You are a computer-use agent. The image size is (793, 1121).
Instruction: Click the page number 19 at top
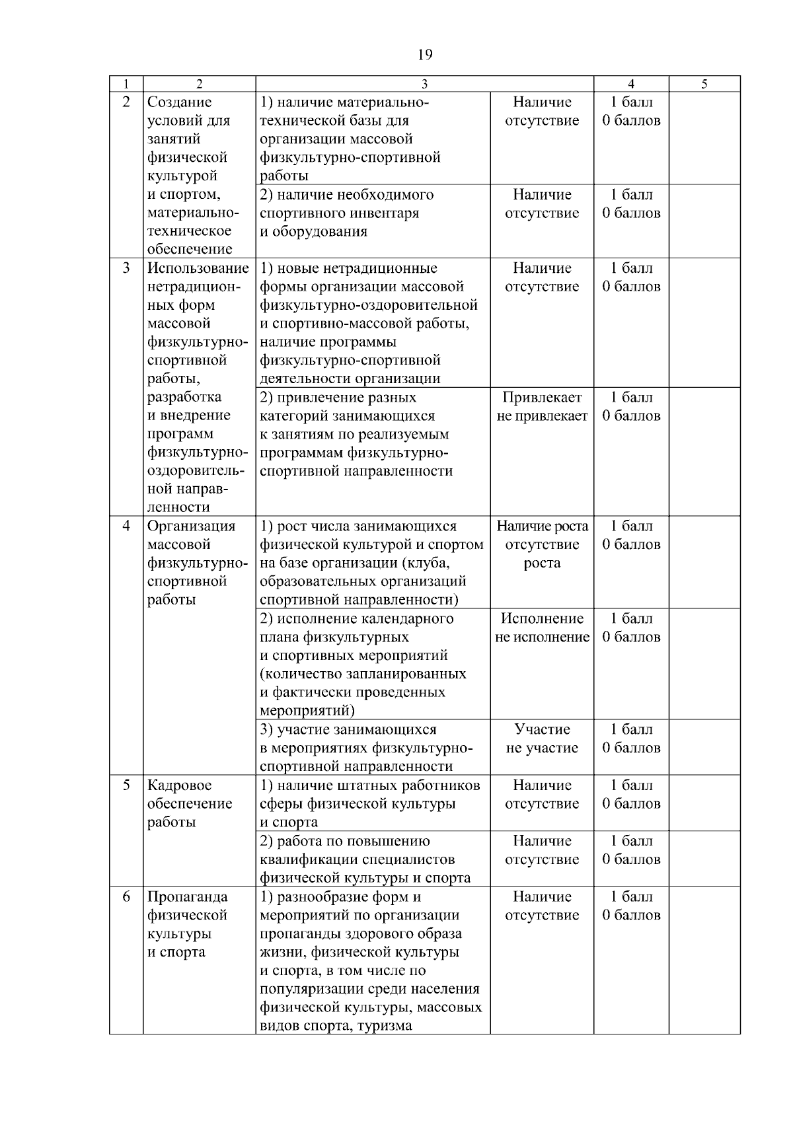[425, 54]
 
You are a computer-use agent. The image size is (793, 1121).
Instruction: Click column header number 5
[704, 84]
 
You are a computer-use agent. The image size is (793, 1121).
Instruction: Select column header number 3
[424, 84]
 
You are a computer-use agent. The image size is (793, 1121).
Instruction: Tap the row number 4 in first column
[126, 526]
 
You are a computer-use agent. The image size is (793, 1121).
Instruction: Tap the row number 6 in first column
[126, 897]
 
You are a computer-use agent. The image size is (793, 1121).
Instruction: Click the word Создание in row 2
[179, 102]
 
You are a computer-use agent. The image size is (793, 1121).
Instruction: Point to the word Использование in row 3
[198, 268]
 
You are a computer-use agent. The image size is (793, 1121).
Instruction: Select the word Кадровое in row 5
[179, 785]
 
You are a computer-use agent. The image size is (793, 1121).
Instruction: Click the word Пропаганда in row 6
[187, 897]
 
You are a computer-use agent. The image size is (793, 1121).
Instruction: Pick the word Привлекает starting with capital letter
[542, 398]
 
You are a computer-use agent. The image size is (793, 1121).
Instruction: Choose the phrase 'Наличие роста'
[542, 526]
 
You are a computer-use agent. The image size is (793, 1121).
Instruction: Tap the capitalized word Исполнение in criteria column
[542, 619]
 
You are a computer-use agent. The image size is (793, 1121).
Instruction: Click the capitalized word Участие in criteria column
[542, 730]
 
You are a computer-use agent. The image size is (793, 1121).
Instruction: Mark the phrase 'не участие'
[542, 748]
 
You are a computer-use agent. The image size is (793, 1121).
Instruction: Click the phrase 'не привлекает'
[542, 416]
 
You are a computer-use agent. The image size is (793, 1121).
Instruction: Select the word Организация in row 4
[191, 526]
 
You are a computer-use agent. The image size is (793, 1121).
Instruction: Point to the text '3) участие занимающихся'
[348, 730]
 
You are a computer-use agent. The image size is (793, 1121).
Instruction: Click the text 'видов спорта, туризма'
[336, 1026]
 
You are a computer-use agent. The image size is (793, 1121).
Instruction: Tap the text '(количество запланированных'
[363, 674]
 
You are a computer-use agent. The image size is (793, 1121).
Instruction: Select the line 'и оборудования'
[313, 232]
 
